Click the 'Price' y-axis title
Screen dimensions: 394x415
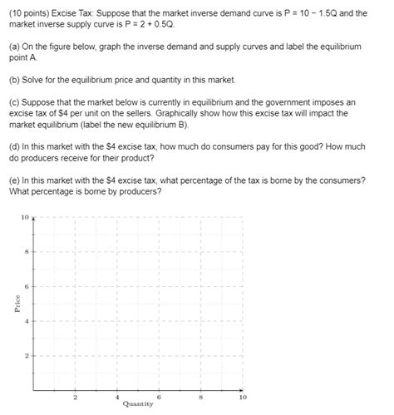pyautogui.click(x=17, y=304)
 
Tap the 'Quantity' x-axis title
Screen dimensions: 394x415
pyautogui.click(x=137, y=403)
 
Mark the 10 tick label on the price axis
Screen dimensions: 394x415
pyautogui.click(x=26, y=217)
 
